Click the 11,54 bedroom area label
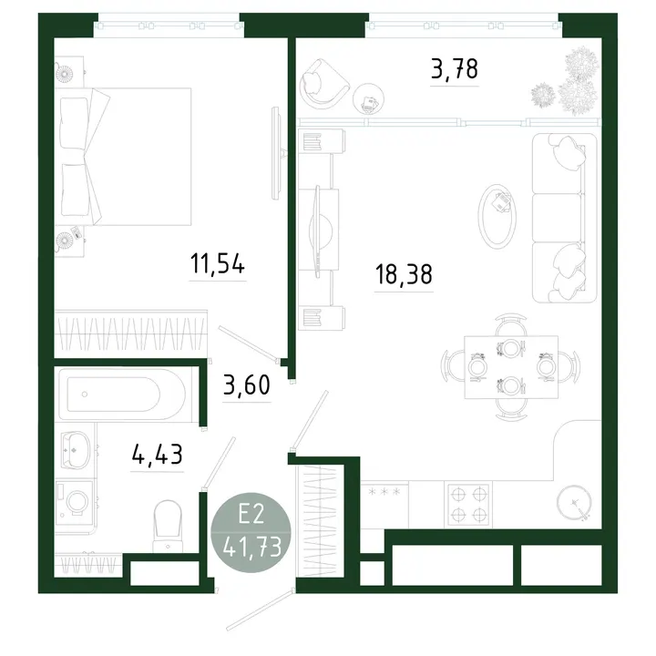pyautogui.click(x=218, y=263)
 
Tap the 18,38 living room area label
pyautogui.click(x=404, y=274)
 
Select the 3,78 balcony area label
pyautogui.click(x=455, y=69)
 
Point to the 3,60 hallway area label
pyautogui.click(x=246, y=384)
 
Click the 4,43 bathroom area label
pyautogui.click(x=157, y=455)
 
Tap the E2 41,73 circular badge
pyautogui.click(x=251, y=533)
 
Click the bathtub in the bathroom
pyautogui.click(x=122, y=395)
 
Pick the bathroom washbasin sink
pyautogui.click(x=76, y=449)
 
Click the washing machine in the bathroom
pyautogui.click(x=75, y=502)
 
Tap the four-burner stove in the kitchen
pyautogui.click(x=468, y=505)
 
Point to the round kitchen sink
pyautogui.click(x=574, y=503)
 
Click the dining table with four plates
pyautogui.click(x=511, y=367)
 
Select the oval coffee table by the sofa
pyautogui.click(x=497, y=216)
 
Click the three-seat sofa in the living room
pyautogui.click(x=564, y=218)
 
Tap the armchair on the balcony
pyautogui.click(x=323, y=85)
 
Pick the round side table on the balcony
pyautogui.click(x=368, y=99)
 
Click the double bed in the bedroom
pyautogui.click(x=123, y=157)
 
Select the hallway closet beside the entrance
pyautogui.click(x=320, y=521)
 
